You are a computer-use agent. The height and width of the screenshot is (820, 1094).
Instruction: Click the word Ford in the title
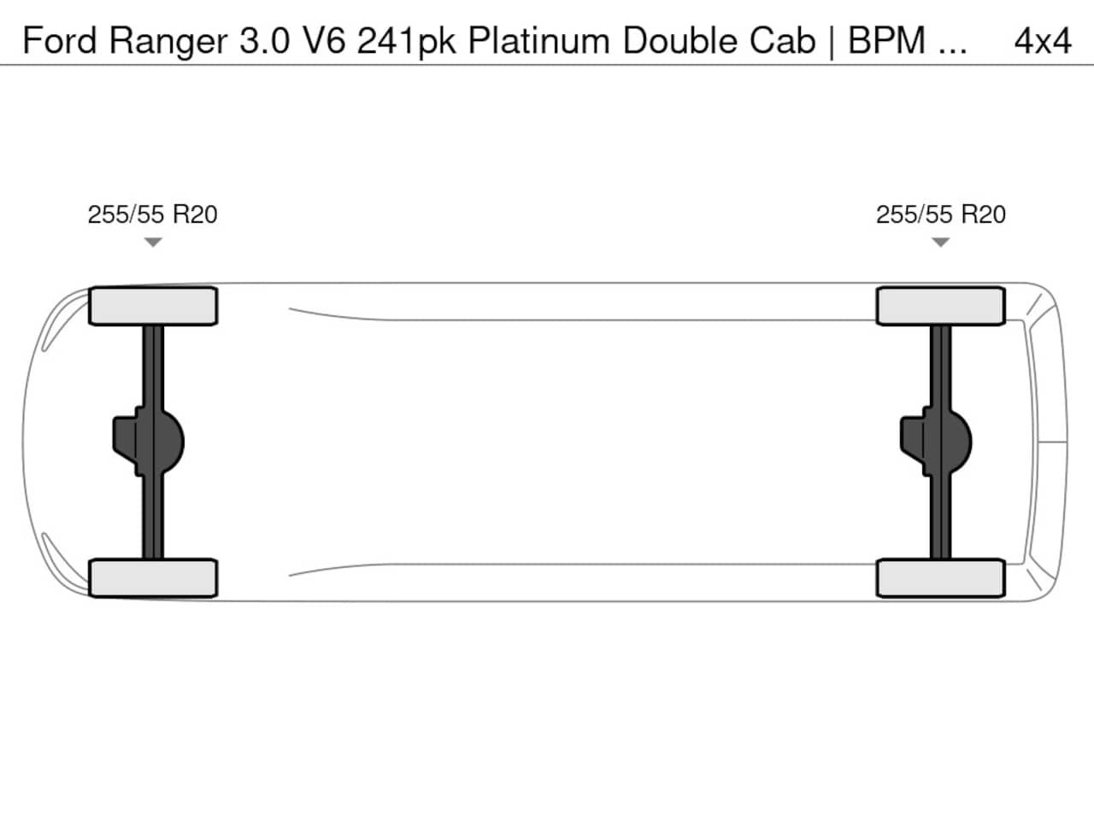click(59, 40)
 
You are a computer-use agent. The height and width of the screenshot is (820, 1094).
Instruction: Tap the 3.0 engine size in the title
click(265, 40)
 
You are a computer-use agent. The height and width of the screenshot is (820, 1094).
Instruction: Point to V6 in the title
click(324, 40)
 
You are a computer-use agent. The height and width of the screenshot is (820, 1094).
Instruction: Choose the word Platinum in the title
click(539, 40)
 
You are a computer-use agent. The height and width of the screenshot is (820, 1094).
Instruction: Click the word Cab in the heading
click(783, 40)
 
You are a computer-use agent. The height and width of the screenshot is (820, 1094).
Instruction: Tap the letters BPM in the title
click(886, 40)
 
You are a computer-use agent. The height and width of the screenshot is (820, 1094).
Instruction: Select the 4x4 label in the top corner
click(1043, 41)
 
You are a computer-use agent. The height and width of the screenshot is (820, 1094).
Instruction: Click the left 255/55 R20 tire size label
click(152, 214)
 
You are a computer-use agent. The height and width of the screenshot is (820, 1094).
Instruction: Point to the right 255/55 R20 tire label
click(941, 214)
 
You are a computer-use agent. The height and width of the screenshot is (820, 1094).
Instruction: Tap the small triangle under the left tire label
click(153, 242)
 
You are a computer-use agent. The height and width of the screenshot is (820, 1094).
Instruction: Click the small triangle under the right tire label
click(940, 242)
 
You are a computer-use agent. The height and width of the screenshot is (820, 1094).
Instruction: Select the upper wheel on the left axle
click(153, 306)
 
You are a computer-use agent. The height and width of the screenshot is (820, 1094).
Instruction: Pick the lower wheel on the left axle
click(153, 578)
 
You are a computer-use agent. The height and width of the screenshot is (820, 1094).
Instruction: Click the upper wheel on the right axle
click(941, 306)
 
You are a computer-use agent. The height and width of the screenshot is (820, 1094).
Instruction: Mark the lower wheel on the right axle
click(941, 578)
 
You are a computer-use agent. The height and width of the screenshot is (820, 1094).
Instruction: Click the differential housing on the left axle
click(149, 442)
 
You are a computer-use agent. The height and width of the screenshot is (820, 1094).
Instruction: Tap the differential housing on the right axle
click(936, 442)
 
